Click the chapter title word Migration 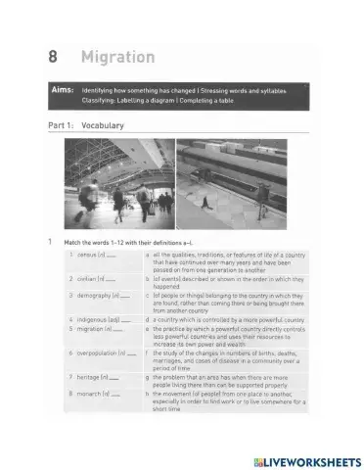(x=118, y=57)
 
